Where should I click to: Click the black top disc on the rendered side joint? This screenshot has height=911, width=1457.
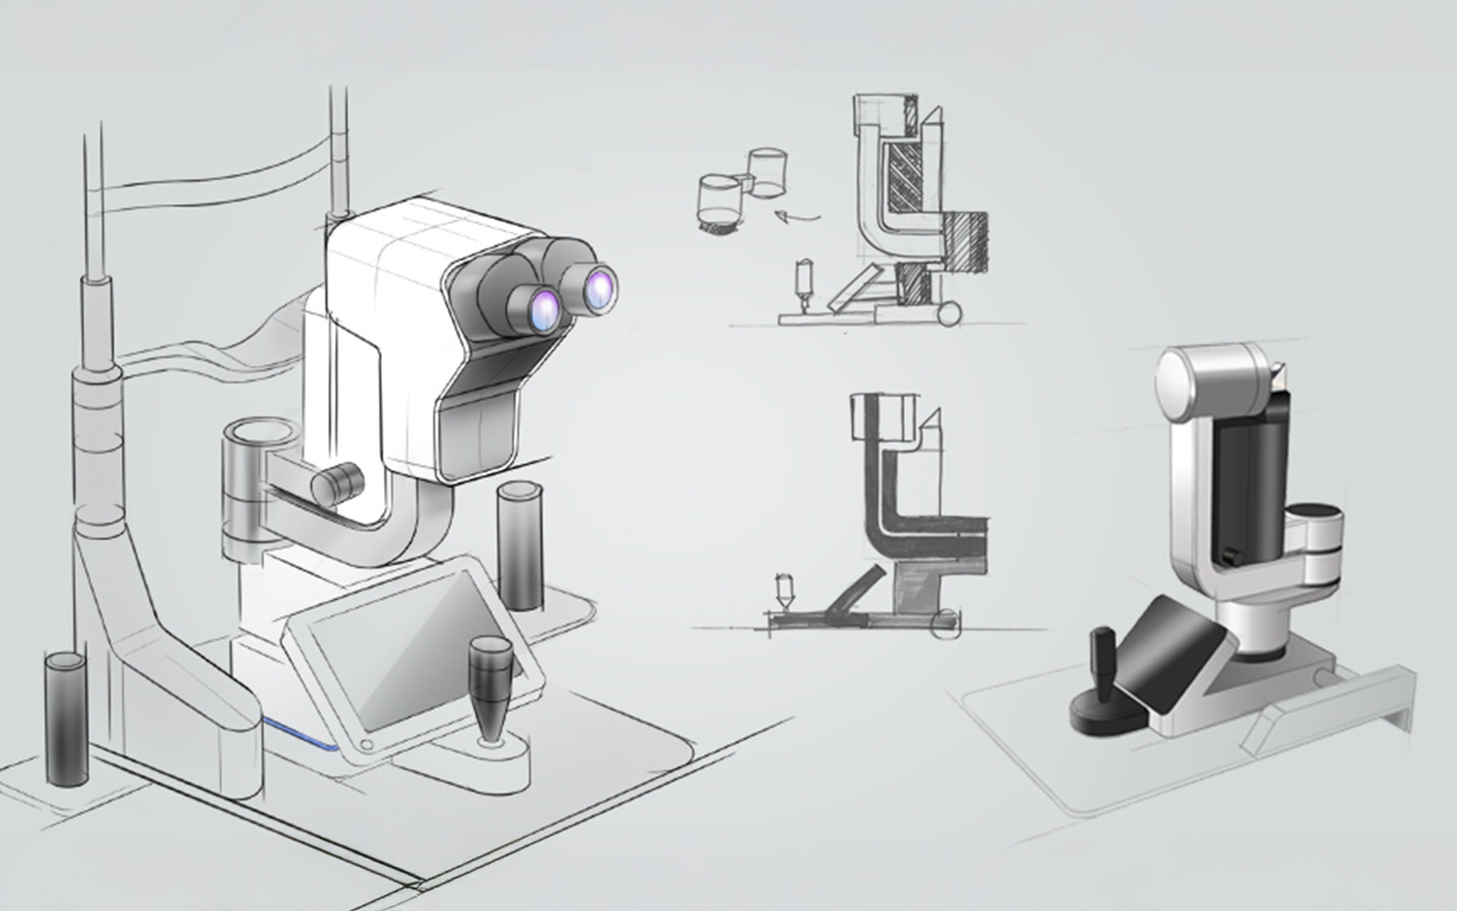click(x=1319, y=515)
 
